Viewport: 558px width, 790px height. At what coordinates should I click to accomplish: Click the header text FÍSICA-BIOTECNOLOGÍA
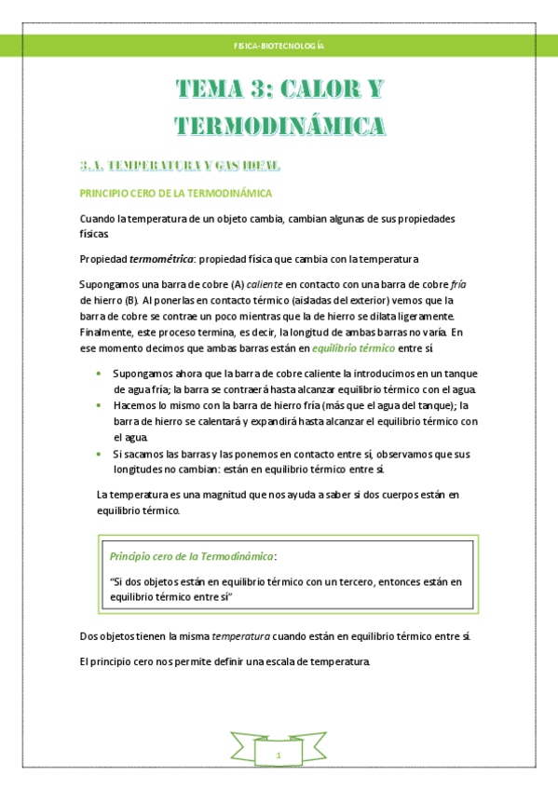click(279, 45)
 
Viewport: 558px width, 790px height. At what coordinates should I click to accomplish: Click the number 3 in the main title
click(252, 91)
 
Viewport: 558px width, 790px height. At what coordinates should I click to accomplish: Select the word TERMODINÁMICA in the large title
click(279, 126)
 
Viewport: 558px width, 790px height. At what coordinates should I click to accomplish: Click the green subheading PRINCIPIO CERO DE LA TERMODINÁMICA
click(176, 194)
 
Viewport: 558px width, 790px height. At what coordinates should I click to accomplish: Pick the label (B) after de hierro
click(130, 301)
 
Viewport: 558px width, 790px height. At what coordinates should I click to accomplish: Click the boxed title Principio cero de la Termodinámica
click(192, 556)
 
